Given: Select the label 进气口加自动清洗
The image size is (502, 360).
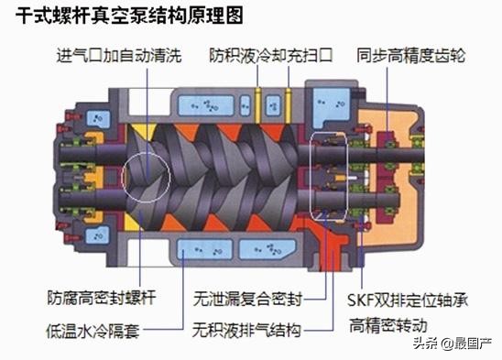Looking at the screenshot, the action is point(110,56).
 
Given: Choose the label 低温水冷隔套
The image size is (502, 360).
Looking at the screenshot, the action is point(93,327).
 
